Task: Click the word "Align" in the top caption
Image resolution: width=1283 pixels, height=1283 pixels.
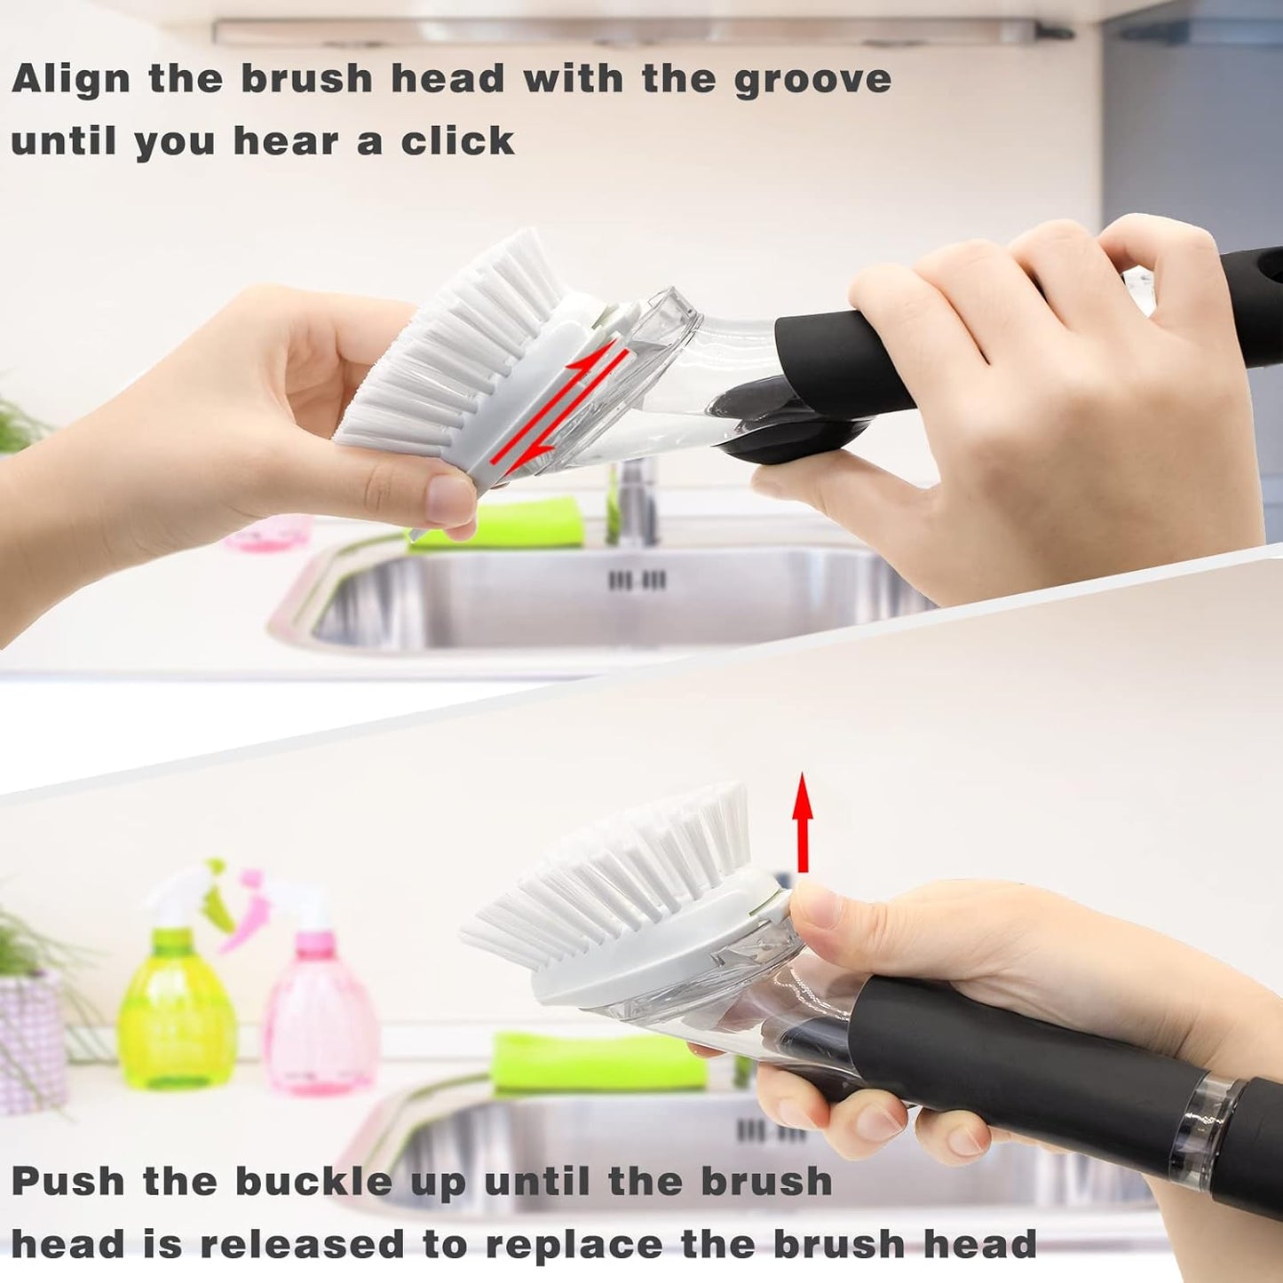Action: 72,80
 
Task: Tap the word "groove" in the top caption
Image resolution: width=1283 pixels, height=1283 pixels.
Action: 812,80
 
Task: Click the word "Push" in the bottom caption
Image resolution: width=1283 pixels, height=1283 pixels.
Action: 68,1182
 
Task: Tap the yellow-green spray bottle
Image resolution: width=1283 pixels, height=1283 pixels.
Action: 178,1003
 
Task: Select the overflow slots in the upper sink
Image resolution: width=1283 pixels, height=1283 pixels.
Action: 637,581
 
